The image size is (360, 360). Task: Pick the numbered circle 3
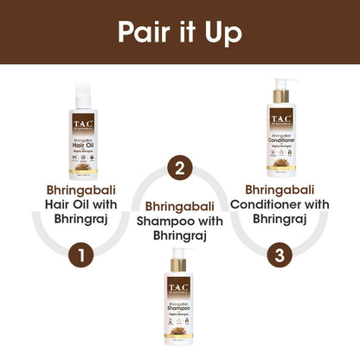277,255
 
